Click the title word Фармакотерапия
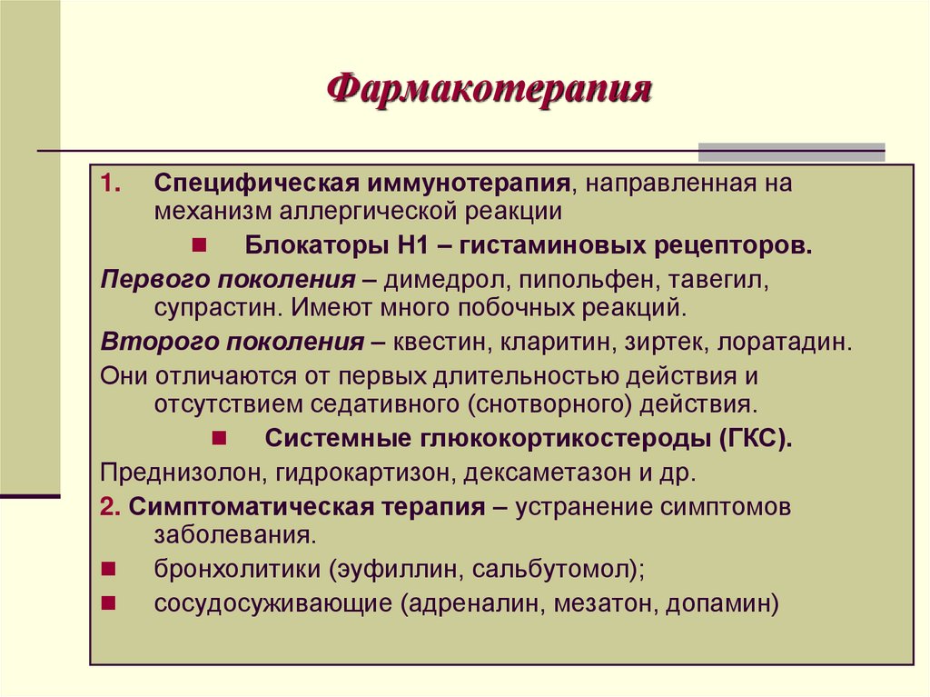tap(490, 91)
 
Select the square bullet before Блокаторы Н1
tap(199, 245)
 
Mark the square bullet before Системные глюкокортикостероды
tap(219, 437)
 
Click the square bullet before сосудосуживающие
tap(107, 602)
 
